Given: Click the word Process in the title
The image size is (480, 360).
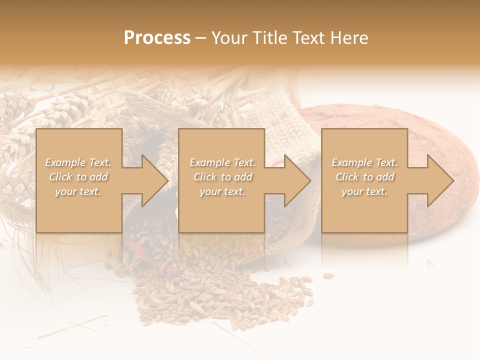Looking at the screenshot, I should point(157,38).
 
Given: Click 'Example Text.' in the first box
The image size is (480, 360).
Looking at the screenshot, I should point(78,162).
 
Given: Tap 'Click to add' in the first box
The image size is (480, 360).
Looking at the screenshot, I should point(78,177).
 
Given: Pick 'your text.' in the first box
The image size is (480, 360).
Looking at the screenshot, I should point(78,191).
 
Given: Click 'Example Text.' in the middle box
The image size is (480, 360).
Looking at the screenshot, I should point(222,162).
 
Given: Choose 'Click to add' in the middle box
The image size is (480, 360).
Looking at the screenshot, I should point(222,177).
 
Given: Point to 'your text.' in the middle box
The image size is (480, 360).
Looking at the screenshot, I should point(222,191).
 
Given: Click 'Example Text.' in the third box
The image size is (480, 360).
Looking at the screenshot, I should point(364,162).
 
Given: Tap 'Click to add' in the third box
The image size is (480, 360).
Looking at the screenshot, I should point(364,177).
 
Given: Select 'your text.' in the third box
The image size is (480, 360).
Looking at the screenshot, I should point(364,191).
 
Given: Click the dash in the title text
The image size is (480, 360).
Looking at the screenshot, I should point(201,38).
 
